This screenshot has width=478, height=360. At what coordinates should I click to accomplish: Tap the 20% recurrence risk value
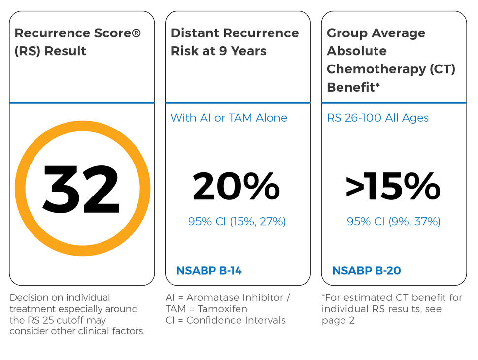click(x=236, y=188)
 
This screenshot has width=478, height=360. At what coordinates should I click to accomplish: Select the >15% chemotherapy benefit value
click(x=393, y=188)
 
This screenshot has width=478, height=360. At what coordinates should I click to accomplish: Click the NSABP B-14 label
click(x=209, y=270)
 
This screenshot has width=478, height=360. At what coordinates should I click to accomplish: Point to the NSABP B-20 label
click(x=366, y=270)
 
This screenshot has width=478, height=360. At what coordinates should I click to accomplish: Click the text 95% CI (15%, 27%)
click(x=237, y=222)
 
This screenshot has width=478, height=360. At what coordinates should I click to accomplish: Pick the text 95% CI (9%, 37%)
click(x=393, y=222)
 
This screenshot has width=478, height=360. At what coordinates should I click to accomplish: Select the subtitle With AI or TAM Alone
click(x=229, y=118)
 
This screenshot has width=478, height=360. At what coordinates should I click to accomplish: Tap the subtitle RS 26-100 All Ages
click(x=377, y=118)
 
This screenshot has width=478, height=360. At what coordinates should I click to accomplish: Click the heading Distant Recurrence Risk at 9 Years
click(x=235, y=42)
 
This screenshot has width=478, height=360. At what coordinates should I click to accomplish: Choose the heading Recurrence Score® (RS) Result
click(x=77, y=42)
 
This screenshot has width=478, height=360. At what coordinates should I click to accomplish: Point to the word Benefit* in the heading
click(x=353, y=87)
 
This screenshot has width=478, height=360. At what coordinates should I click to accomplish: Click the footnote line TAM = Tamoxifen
click(x=206, y=309)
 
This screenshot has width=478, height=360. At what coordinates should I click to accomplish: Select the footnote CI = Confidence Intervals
click(x=225, y=320)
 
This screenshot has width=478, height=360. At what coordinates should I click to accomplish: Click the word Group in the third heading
click(x=345, y=33)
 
